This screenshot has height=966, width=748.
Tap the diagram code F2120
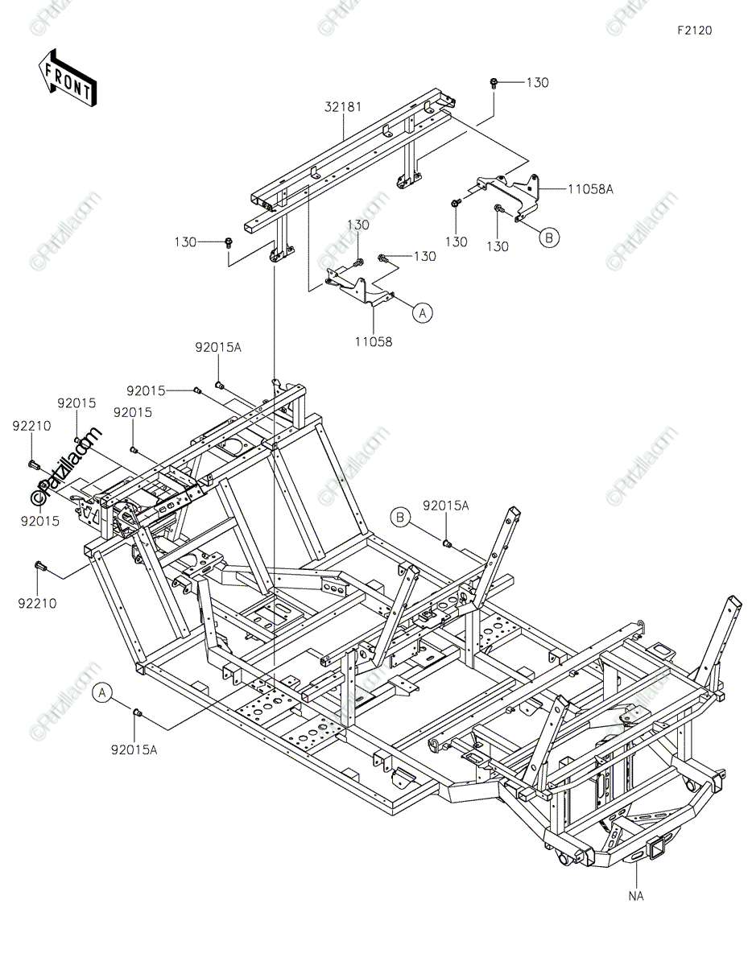click(694, 31)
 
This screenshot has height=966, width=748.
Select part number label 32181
click(343, 107)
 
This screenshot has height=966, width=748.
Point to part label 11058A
click(590, 189)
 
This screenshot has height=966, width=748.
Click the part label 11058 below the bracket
click(374, 342)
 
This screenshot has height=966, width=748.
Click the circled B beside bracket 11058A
click(549, 237)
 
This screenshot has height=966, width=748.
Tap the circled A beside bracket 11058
click(422, 312)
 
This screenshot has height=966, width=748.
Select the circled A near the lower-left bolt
click(103, 693)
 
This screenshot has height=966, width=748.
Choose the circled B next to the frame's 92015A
click(400, 517)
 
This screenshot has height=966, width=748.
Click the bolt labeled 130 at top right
click(494, 83)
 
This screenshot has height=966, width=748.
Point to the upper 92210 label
click(31, 426)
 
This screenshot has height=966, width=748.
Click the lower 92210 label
click(37, 603)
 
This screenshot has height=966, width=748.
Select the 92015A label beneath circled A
click(134, 750)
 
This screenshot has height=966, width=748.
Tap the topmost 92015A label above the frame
click(218, 347)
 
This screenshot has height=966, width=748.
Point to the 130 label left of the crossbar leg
click(185, 242)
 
